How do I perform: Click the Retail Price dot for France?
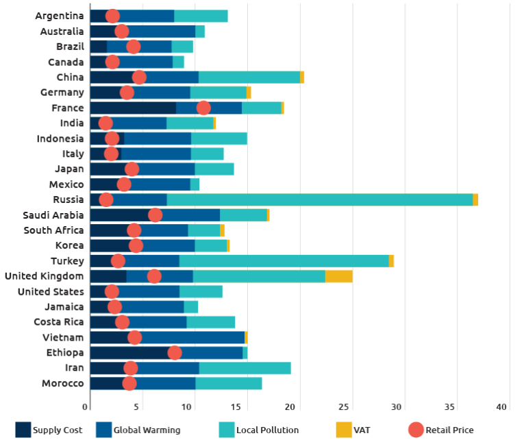pos(203,108)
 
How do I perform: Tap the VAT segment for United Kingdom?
pos(338,276)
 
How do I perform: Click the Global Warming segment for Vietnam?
pos(192,337)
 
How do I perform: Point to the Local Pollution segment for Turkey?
pos(284,261)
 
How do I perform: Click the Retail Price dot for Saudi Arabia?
pos(155,215)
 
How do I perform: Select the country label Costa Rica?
pos(59,322)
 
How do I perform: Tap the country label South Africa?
pos(54,230)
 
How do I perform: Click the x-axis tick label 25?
pos(345,407)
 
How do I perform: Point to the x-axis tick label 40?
pos(502,407)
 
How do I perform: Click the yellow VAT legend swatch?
pos(344,430)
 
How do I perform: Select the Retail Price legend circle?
pos(416,430)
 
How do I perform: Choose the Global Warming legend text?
pos(147,430)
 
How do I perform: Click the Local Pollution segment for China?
pos(249,77)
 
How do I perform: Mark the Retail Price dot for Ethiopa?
pos(175,353)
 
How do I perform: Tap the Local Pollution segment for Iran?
pos(245,368)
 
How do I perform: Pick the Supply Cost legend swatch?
pos(23,430)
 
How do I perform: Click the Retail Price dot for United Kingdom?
pos(154,276)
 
